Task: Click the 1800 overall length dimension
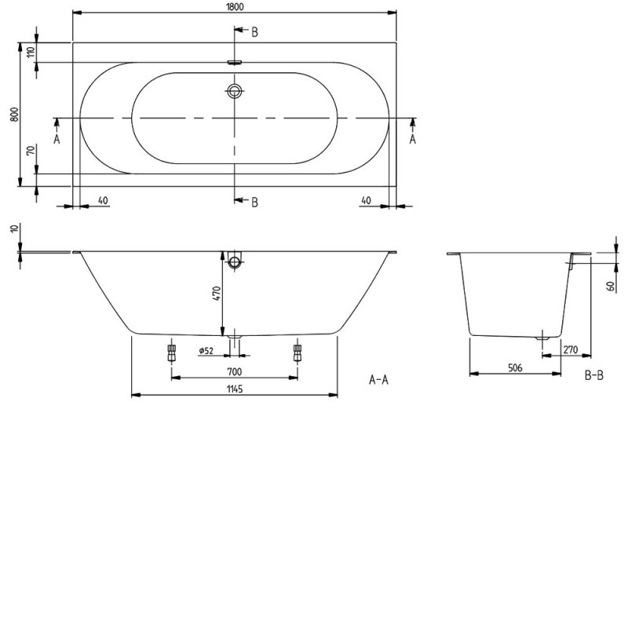point(234,7)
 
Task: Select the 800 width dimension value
point(14,115)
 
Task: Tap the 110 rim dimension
point(31,52)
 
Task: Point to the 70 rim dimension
point(31,151)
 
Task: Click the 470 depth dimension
point(217,294)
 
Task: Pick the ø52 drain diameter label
point(206,351)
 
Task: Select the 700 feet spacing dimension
point(234,371)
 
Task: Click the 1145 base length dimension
point(234,389)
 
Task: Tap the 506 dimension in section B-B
point(515,367)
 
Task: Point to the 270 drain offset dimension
point(571,349)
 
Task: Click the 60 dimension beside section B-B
point(611,286)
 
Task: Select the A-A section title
point(378,379)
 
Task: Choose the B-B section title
point(594,375)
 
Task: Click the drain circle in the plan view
point(235,91)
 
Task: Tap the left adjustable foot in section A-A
point(171,352)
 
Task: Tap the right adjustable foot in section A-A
point(298,352)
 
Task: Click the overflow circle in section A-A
point(234,262)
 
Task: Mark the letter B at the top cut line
point(254,32)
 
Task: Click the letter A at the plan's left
point(57,139)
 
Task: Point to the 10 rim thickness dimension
point(14,228)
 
